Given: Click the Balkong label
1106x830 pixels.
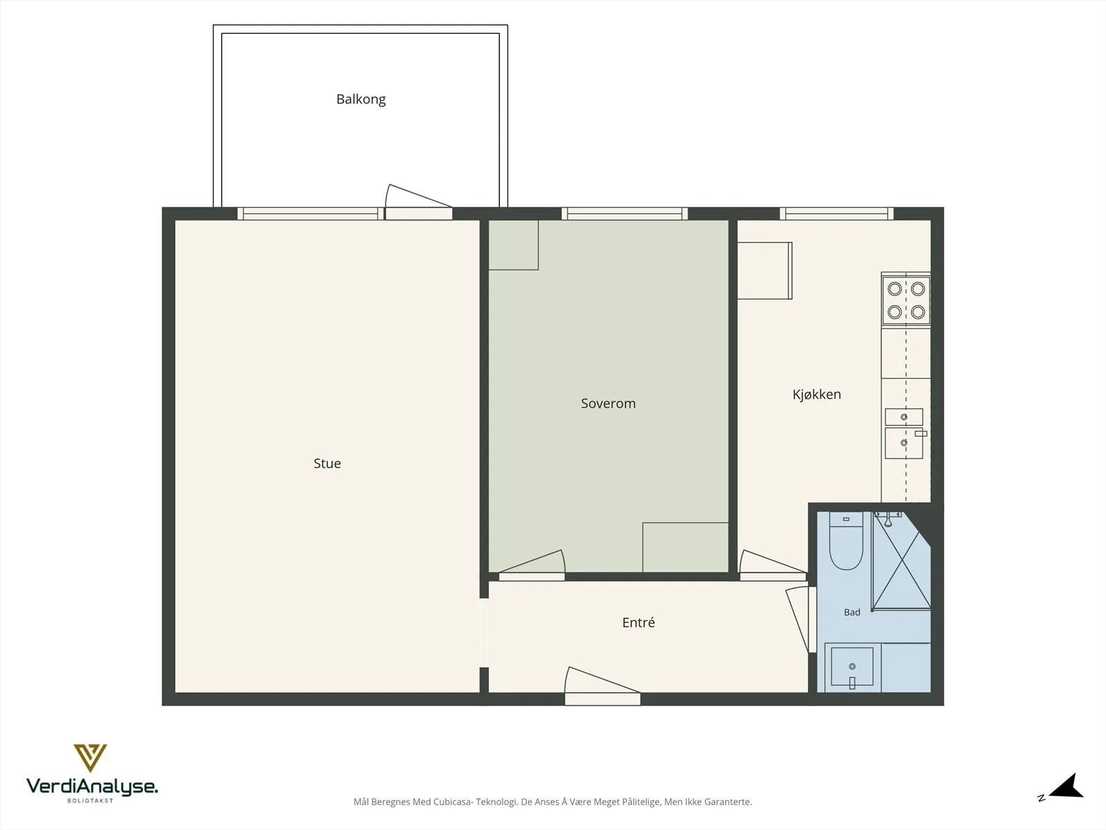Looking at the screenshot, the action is click(361, 100).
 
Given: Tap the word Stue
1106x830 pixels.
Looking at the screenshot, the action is click(327, 463).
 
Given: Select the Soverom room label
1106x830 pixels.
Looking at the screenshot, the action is click(608, 403).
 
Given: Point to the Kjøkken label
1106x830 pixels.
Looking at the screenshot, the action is click(816, 394).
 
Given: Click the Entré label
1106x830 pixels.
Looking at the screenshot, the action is click(639, 622).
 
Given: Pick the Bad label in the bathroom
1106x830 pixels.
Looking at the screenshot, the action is click(852, 612).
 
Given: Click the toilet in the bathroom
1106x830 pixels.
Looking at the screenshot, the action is click(846, 541).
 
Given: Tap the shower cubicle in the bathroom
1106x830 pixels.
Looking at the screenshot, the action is click(901, 560).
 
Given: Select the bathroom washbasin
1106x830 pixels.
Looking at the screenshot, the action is click(852, 667).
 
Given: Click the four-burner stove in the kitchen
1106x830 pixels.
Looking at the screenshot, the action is click(906, 300).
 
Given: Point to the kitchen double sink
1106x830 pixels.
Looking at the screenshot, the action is click(904, 434).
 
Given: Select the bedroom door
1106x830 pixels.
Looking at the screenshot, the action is click(532, 565).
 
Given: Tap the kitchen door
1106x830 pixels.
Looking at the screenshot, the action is click(773, 565).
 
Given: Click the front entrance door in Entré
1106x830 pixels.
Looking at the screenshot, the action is click(602, 686).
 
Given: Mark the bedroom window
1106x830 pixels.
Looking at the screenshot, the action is click(625, 214).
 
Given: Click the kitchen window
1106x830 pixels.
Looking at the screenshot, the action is click(836, 214).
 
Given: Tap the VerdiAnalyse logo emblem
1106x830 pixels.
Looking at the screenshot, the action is click(90, 757).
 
